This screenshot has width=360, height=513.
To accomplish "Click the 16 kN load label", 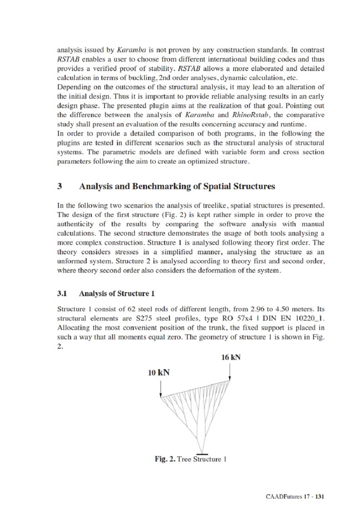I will (x=231, y=357).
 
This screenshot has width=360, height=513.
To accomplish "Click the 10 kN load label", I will (x=158, y=373).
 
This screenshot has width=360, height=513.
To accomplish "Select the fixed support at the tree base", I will (x=203, y=453).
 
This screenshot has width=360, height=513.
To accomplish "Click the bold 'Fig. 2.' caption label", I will (x=165, y=459).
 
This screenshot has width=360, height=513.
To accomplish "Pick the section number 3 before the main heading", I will (x=59, y=186).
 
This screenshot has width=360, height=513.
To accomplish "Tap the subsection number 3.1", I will (x=62, y=294).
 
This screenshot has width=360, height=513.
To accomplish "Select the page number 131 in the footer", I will (x=320, y=496).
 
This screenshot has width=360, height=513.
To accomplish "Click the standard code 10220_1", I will (x=310, y=318).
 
